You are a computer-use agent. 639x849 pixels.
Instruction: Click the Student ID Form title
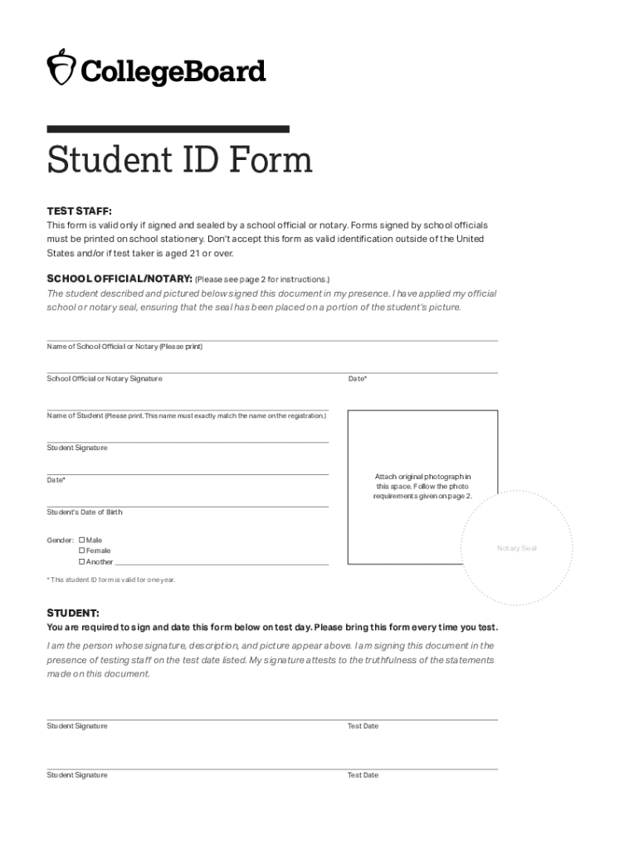(180, 160)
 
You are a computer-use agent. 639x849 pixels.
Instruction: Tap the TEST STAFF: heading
(79, 211)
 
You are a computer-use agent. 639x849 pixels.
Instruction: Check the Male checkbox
(82, 540)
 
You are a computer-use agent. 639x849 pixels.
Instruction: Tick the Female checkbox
(82, 551)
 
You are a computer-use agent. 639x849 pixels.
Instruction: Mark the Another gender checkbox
(82, 561)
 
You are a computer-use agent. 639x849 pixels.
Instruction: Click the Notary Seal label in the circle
(516, 548)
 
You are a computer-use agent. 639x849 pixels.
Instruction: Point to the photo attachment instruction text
(422, 486)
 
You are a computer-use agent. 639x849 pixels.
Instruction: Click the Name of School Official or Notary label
(124, 347)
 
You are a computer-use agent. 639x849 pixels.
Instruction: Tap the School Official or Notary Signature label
(105, 379)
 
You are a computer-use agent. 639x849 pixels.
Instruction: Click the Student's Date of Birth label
(85, 512)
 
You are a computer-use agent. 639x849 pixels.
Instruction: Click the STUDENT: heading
(73, 614)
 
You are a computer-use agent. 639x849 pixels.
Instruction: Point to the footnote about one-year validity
(111, 580)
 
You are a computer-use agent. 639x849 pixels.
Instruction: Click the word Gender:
(60, 540)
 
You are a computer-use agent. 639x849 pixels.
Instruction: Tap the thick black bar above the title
(168, 129)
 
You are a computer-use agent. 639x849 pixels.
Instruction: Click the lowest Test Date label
(363, 775)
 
